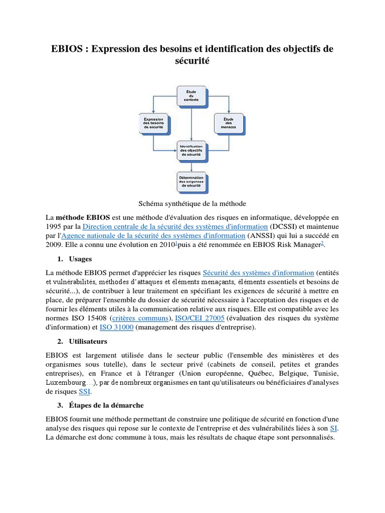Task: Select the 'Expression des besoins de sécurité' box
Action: pos(153,124)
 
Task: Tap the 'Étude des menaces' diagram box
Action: pos(229,124)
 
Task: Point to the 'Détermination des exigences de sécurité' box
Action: pos(190,181)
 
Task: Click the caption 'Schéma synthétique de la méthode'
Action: pos(192,203)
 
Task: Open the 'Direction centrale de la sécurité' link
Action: pos(175,226)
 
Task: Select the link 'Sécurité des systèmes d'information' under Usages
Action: pos(258,273)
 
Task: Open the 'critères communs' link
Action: pos(147,318)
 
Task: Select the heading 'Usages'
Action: pos(80,259)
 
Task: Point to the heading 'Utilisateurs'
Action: pos(89,341)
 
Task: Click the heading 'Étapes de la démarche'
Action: pos(104,405)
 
